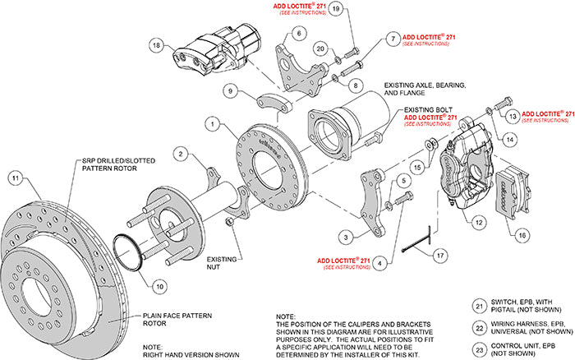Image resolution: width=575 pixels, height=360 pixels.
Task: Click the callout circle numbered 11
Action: click(14, 177)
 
